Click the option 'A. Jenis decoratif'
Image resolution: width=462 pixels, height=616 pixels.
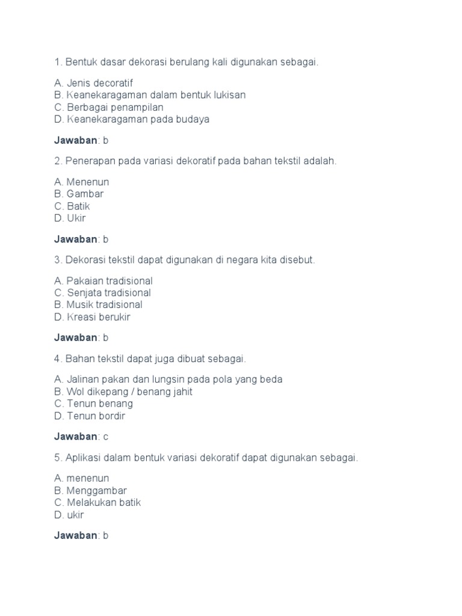(93, 83)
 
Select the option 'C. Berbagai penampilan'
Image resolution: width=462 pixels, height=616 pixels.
(108, 107)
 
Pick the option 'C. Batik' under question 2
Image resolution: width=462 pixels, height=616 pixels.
(72, 206)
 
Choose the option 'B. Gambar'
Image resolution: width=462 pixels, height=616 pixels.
(78, 194)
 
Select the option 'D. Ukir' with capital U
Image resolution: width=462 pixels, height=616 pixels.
(70, 218)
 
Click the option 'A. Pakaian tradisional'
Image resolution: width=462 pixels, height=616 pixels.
(103, 281)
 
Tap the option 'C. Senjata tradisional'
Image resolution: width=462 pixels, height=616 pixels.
(102, 293)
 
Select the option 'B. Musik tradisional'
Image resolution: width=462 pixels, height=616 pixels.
(98, 305)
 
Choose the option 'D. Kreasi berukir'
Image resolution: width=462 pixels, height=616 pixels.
(92, 317)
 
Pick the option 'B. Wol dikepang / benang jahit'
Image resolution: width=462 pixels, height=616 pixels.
(123, 392)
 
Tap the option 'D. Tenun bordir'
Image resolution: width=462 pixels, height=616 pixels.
(90, 416)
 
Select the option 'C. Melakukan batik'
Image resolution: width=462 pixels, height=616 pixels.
(97, 502)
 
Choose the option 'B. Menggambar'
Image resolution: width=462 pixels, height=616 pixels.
(90, 490)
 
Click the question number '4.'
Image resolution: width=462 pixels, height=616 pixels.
(58, 359)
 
